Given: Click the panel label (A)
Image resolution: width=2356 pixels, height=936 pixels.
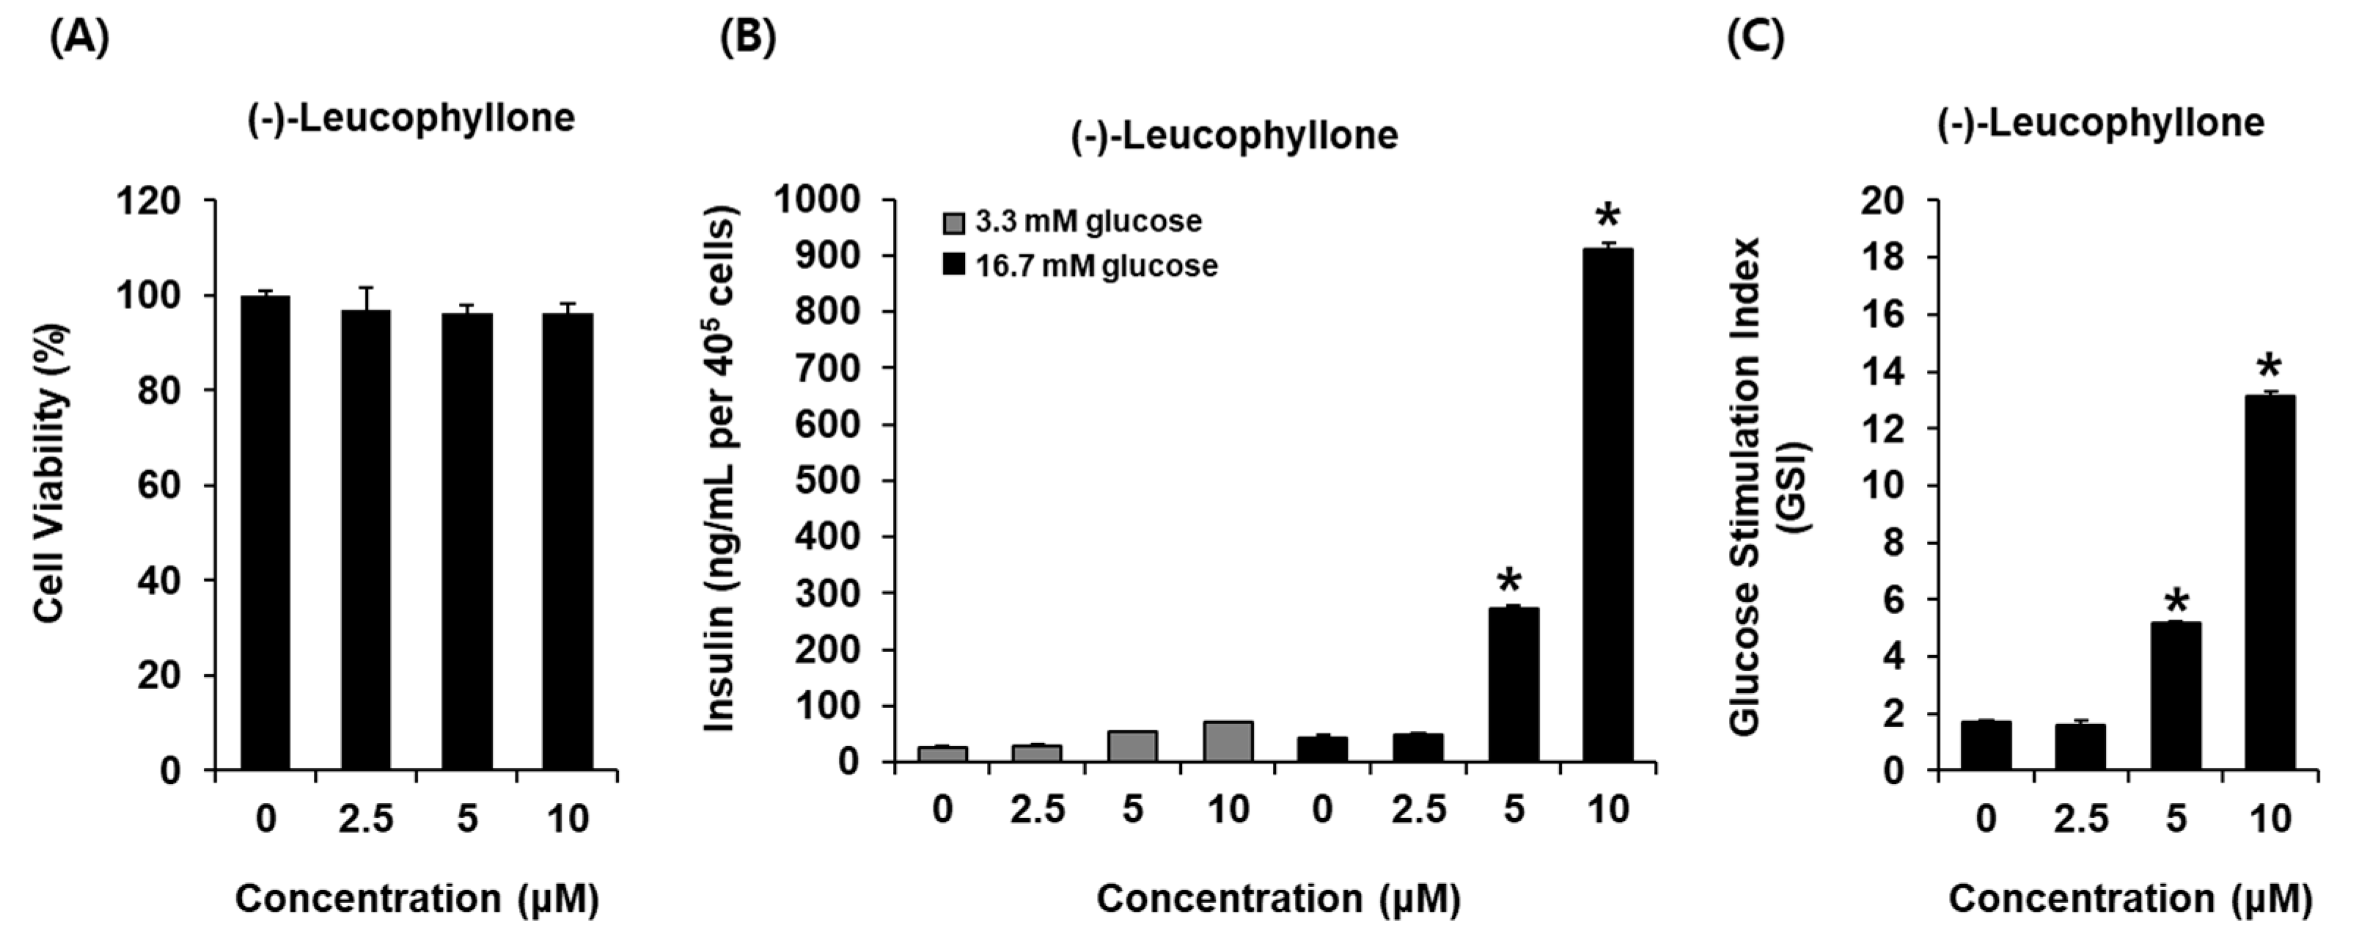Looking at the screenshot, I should pos(78,40).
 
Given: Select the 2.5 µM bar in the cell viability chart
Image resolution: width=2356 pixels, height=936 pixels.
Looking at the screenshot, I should pos(366,540).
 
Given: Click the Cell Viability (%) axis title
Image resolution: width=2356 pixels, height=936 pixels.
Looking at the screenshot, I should pos(52,474).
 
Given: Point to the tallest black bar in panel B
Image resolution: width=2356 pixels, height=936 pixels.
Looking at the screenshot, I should pos(1607,503).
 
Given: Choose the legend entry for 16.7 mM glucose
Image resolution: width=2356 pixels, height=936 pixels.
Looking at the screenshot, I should pos(1079,266).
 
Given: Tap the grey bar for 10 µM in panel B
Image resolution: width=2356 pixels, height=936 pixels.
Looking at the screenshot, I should pos(1228,741).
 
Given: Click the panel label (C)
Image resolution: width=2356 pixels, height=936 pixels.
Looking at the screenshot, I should pos(1754,40).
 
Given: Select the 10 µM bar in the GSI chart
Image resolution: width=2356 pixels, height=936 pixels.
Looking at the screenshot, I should pos(2269,585).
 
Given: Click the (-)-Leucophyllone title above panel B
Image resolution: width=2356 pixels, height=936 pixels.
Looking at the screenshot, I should pos(1234,136).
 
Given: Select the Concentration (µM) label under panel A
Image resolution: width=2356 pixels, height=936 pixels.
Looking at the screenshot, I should pos(417,898).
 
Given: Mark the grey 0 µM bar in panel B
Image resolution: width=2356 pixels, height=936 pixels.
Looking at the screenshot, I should pos(942,754).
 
